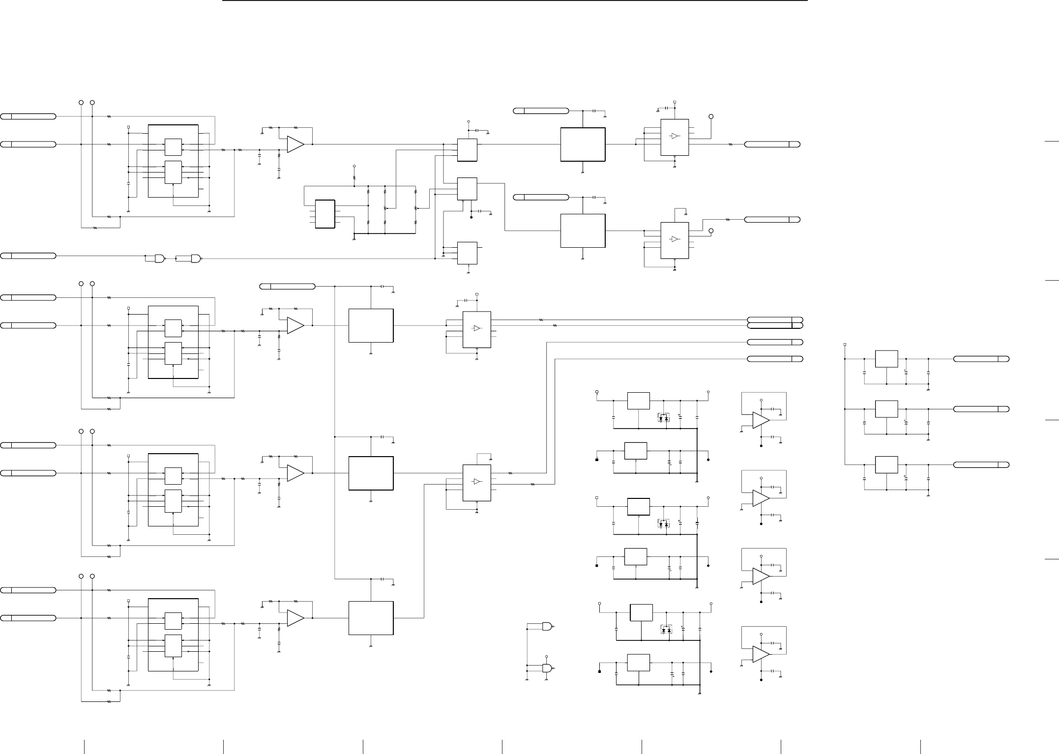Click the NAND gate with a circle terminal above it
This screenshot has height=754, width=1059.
click(547, 668)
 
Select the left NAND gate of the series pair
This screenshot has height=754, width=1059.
click(160, 258)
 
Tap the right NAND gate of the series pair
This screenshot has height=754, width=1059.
click(196, 258)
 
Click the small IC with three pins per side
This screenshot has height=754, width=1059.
click(324, 214)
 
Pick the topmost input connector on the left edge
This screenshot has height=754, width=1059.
click(28, 116)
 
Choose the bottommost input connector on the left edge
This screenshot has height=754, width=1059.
click(28, 617)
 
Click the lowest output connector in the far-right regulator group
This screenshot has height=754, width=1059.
click(981, 464)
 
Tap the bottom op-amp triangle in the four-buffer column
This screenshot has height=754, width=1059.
click(761, 654)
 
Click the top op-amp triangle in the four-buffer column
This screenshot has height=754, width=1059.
click(761, 420)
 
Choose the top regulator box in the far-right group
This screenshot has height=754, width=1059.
click(886, 359)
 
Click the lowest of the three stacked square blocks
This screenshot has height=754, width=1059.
click(467, 253)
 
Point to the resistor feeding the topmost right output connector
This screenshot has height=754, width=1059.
click(731, 145)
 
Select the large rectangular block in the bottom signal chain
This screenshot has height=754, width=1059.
click(371, 618)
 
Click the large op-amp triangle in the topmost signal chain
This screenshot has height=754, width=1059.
click(295, 145)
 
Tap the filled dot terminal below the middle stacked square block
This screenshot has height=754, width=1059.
click(471, 217)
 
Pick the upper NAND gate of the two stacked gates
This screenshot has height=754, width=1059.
click(547, 626)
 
